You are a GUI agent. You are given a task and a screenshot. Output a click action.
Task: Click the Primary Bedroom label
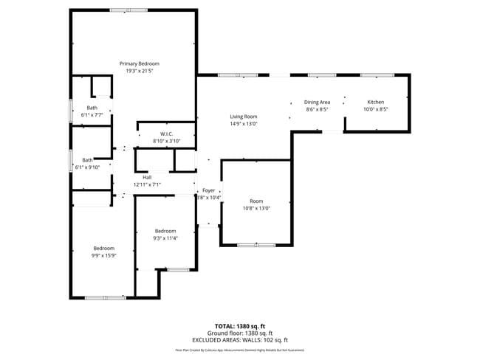(139, 64)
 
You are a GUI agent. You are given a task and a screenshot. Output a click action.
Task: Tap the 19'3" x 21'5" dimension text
(139, 71)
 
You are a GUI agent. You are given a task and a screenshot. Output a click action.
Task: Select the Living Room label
(243, 117)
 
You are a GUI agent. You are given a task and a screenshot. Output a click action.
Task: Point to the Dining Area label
(317, 102)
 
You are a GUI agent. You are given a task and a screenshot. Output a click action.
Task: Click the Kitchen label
(376, 102)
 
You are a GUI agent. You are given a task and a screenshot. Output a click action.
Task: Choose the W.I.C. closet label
(166, 134)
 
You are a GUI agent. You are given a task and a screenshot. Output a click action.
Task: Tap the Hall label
(147, 177)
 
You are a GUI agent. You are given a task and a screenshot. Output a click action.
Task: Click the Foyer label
(209, 190)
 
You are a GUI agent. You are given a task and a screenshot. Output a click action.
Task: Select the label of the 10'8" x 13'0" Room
(256, 201)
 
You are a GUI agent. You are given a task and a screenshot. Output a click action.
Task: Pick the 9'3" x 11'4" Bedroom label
(165, 231)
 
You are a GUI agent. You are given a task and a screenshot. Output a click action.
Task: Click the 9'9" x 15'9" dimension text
(103, 255)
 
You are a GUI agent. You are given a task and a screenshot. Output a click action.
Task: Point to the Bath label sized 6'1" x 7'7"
(92, 108)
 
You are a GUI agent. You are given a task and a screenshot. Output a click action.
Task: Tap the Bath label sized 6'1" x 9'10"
(88, 160)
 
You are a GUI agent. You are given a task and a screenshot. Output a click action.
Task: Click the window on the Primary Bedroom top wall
(128, 10)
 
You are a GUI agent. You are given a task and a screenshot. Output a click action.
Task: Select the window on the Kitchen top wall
(376, 75)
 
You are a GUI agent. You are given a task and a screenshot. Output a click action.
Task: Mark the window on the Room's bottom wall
(256, 245)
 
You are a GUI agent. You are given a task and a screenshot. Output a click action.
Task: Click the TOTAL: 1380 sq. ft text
(240, 326)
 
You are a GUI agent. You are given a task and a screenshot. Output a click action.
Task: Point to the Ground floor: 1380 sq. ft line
(240, 333)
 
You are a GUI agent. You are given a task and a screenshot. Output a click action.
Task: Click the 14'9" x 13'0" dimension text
(243, 123)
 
